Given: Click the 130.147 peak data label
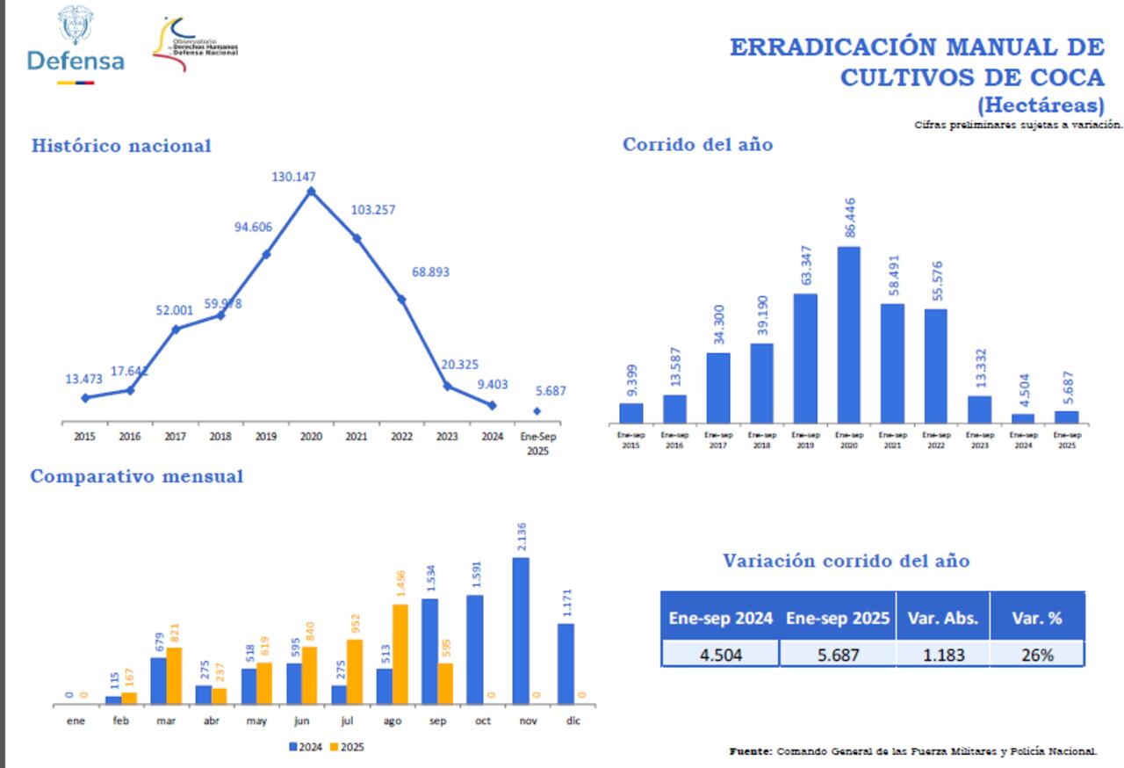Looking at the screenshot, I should tap(293, 177).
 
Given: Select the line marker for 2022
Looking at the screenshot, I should tap(401, 300).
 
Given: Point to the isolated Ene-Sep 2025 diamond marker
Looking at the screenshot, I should tap(537, 411).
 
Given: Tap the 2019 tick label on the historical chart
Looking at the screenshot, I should tap(266, 437).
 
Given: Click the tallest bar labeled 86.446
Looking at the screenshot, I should tap(848, 335).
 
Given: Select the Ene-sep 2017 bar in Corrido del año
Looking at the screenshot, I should tap(717, 388).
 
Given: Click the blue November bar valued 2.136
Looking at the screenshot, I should tap(521, 630).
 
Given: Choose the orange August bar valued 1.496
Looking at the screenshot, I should tap(400, 654).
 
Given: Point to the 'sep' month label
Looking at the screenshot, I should tap(437, 721).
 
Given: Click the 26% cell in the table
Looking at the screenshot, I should tap(1036, 654).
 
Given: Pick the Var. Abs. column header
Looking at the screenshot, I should tap(942, 618).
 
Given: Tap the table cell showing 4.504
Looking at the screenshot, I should tap(720, 654).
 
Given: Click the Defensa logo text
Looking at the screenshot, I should tap(76, 61).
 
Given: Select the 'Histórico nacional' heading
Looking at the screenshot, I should tap(121, 146).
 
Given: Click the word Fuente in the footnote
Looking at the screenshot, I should tap(751, 751).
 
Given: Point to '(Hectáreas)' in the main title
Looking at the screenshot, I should tap(1041, 105).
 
